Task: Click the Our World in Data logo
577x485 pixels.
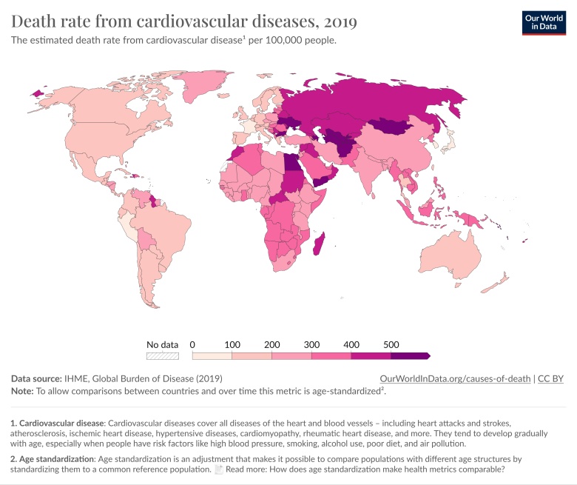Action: pos(543,22)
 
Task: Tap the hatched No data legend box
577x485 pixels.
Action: pos(163,355)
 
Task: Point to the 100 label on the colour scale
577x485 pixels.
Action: pos(232,344)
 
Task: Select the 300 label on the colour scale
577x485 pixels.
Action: pos(312,344)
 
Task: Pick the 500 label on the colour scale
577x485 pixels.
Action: pos(391,344)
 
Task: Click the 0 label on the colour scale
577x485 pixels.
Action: pos(192,344)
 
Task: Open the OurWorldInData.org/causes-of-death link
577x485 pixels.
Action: pos(455,378)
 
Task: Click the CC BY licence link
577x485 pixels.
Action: pos(550,378)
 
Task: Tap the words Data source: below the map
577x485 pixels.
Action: pos(36,378)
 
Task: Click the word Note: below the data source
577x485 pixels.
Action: pos(23,390)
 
